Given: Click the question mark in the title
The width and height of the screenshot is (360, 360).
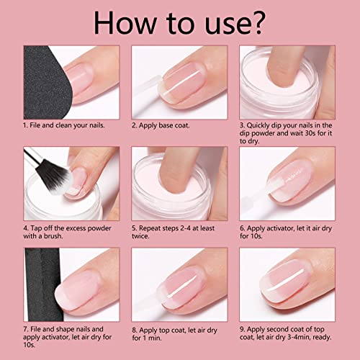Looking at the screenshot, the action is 256,22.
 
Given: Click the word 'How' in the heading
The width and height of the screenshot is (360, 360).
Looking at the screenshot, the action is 125,23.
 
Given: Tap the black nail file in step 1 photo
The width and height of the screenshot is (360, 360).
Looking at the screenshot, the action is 45,82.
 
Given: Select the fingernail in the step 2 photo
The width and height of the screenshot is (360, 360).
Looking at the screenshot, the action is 184,81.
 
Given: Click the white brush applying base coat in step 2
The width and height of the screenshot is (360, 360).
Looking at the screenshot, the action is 146,92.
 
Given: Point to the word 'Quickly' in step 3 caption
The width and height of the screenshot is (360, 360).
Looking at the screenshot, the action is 258,125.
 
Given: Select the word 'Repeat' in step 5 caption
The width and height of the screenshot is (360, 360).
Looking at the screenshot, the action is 150,228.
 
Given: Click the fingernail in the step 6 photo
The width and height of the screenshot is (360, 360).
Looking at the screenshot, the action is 290,180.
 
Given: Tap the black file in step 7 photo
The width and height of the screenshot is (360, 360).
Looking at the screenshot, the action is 43,284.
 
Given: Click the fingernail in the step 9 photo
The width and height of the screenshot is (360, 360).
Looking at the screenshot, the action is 284,280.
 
